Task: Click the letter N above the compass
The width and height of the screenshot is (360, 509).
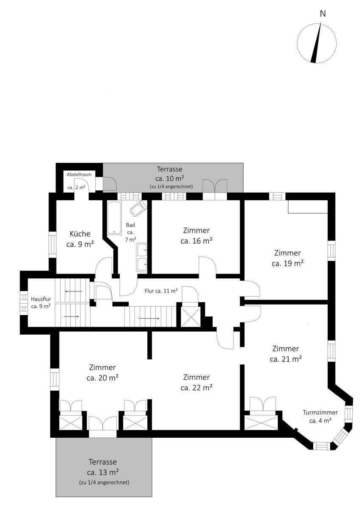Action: [323, 14]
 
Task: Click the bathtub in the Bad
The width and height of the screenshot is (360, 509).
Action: [114, 218]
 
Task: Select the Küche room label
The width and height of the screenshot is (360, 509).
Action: [80, 239]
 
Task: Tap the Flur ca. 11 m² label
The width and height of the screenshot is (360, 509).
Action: [161, 291]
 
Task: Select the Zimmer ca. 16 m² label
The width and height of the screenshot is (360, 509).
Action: [197, 236]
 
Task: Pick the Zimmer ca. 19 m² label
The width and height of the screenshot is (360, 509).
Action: [287, 258]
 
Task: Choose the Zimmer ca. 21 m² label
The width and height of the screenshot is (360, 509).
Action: [286, 354]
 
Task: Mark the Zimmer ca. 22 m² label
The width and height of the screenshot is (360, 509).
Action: [197, 382]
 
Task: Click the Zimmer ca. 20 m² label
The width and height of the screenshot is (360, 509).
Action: [103, 372]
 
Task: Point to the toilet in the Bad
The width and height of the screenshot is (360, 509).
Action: [138, 209]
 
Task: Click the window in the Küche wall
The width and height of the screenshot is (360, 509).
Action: [53, 245]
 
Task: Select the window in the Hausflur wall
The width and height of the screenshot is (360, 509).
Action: [24, 303]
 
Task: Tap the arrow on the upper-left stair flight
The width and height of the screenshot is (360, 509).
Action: [74, 291]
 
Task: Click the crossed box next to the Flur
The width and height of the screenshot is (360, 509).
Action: [191, 317]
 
